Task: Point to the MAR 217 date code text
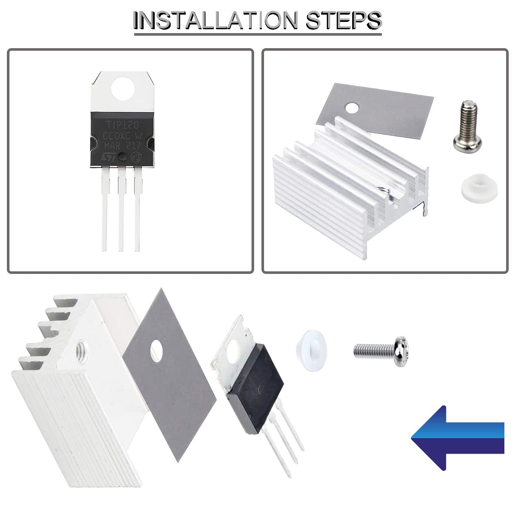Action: coord(122,145)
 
